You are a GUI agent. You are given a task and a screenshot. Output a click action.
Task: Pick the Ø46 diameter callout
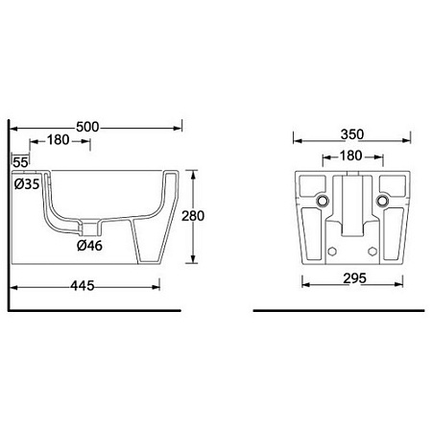tap(91, 245)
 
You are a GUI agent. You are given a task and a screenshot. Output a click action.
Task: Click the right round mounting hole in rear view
tap(384, 201)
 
